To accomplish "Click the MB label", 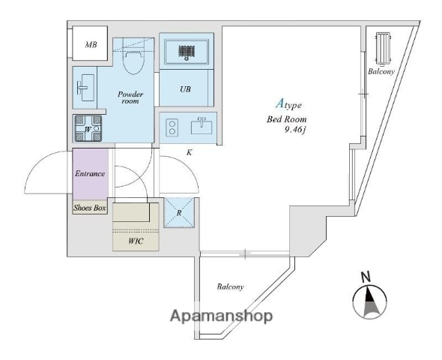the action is click(x=91, y=44).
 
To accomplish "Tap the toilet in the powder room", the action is click(x=134, y=58).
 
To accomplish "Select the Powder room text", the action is click(x=130, y=97).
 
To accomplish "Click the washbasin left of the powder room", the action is click(x=85, y=88).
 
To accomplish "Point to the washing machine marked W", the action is click(x=88, y=128).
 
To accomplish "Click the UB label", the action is click(x=185, y=89).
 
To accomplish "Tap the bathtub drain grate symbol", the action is click(x=187, y=52).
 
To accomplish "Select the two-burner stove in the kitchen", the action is click(x=172, y=127).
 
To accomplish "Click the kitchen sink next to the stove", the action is click(x=202, y=126).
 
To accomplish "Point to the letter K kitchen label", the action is click(x=189, y=153).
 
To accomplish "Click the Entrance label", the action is click(x=90, y=173).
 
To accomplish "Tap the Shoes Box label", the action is click(x=90, y=208).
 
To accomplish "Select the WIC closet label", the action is click(x=136, y=241).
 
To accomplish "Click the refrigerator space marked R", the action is click(x=179, y=213).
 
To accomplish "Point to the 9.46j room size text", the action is click(x=295, y=130).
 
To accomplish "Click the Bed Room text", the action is click(x=286, y=119).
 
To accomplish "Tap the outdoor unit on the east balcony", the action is click(x=383, y=48).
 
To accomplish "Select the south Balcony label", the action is click(x=230, y=287).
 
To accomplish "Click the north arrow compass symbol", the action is click(x=369, y=302).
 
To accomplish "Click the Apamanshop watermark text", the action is click(x=221, y=316).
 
